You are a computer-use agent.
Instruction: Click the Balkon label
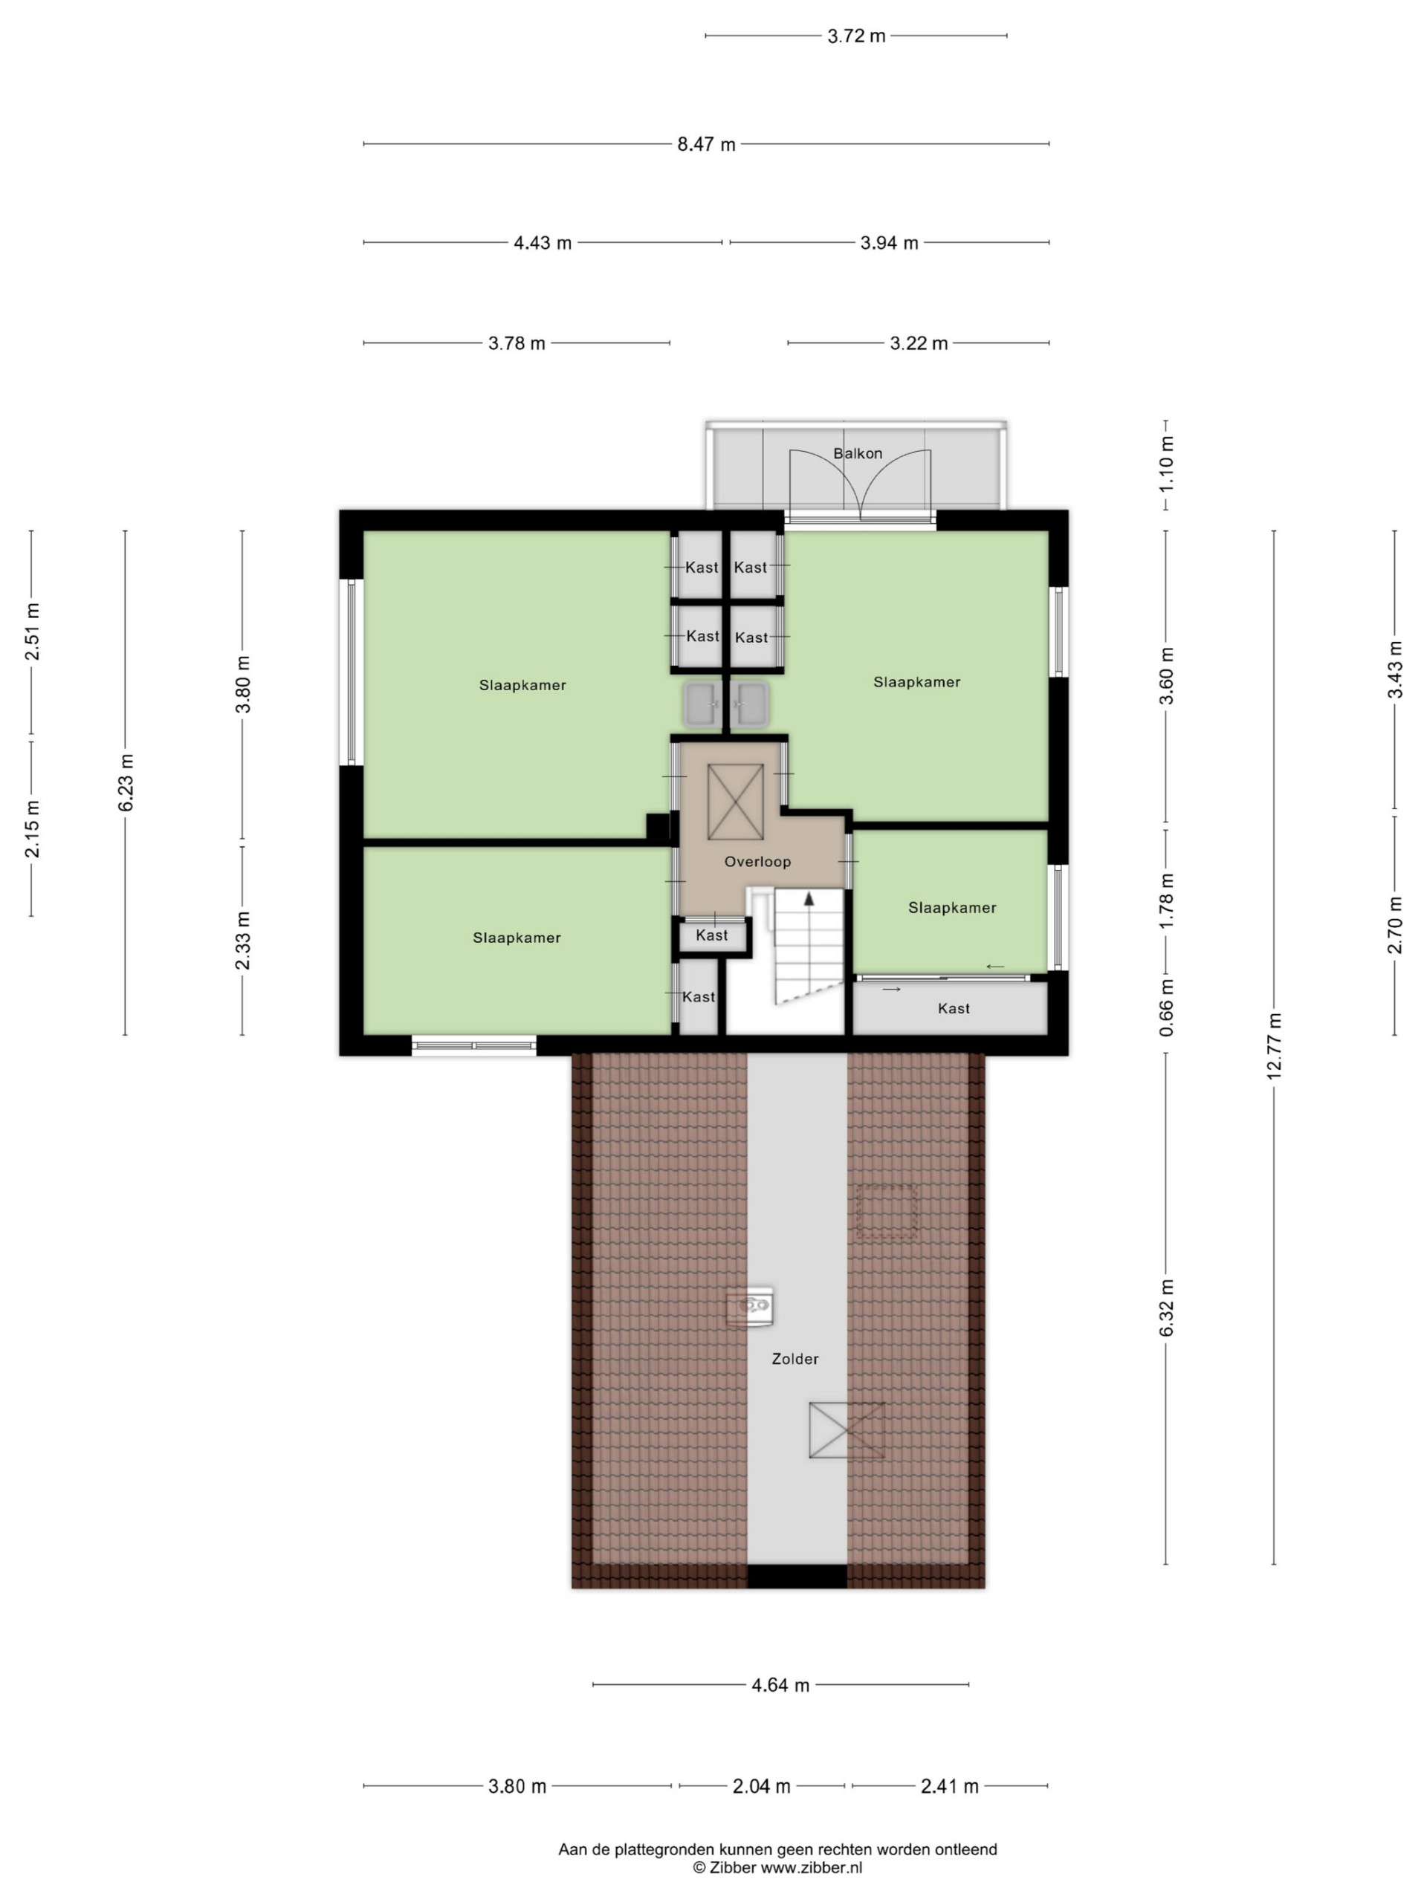click(x=858, y=453)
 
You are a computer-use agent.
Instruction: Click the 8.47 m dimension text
click(x=706, y=144)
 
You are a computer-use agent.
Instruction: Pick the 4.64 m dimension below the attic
click(x=780, y=1685)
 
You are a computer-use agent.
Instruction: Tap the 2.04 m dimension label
click(x=761, y=1786)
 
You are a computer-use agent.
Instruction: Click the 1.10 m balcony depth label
click(x=1166, y=464)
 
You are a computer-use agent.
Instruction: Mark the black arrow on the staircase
click(x=809, y=898)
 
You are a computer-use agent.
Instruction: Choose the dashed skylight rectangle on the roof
click(x=886, y=1212)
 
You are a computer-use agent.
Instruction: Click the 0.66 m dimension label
click(x=1166, y=1007)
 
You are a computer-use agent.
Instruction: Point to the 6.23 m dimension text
click(x=126, y=782)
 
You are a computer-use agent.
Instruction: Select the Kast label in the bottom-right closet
click(x=954, y=1007)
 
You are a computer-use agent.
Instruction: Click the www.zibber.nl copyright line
click(x=777, y=1867)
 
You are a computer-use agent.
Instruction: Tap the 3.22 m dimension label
click(x=919, y=343)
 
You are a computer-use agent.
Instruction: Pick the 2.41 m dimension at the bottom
click(x=950, y=1786)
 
